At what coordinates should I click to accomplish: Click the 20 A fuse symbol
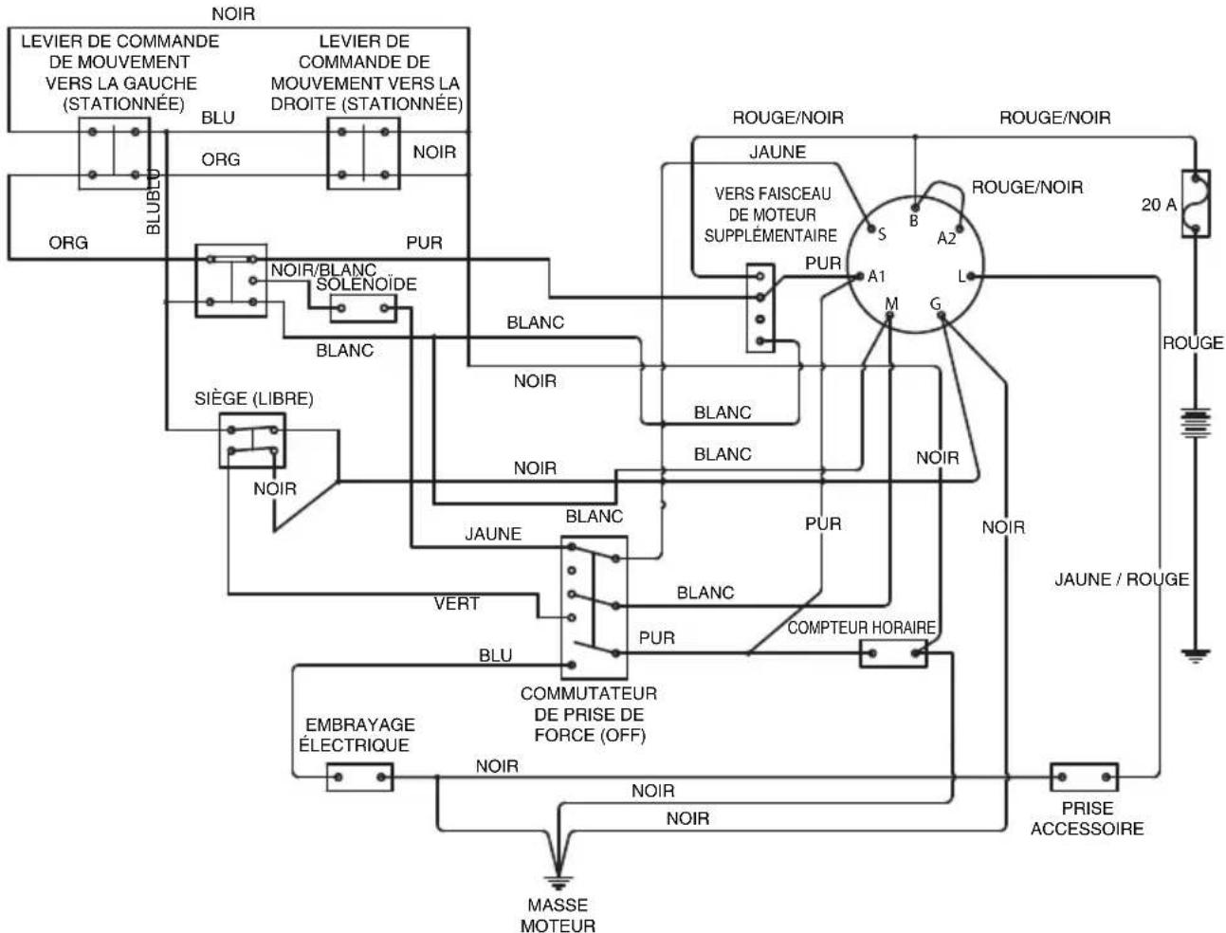pyautogui.click(x=1196, y=203)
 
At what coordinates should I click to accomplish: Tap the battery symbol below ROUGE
pyautogui.click(x=1195, y=423)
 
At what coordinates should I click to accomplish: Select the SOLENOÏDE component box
pyautogui.click(x=363, y=308)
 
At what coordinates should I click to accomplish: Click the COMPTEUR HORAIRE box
pyautogui.click(x=893, y=653)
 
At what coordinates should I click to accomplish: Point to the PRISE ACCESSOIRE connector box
pyautogui.click(x=1084, y=777)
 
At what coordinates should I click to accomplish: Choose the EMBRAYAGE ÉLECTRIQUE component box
pyautogui.click(x=359, y=777)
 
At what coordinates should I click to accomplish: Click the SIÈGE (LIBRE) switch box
pyautogui.click(x=252, y=440)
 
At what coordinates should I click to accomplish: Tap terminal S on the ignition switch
pyautogui.click(x=870, y=229)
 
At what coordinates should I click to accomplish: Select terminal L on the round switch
pyautogui.click(x=971, y=276)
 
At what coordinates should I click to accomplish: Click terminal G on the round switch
pyautogui.click(x=942, y=316)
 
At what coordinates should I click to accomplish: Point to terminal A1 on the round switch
pyautogui.click(x=861, y=276)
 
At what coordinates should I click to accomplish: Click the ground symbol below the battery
pyautogui.click(x=1196, y=655)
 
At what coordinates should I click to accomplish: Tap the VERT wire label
pyautogui.click(x=456, y=604)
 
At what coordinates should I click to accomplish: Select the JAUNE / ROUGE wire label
pyautogui.click(x=1122, y=579)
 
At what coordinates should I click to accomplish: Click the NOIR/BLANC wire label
pyautogui.click(x=323, y=269)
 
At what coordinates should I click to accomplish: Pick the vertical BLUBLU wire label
pyautogui.click(x=153, y=202)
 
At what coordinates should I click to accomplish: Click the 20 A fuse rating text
pyautogui.click(x=1159, y=205)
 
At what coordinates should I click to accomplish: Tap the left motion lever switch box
pyautogui.click(x=114, y=154)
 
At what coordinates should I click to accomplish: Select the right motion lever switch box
pyautogui.click(x=363, y=154)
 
